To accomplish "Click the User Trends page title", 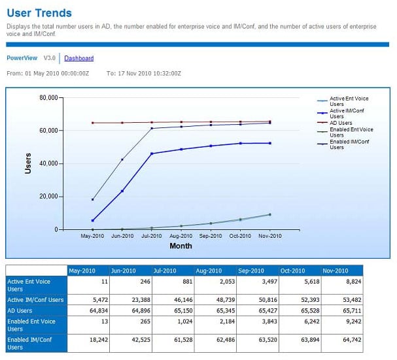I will [39, 12].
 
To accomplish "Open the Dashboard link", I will [78, 58].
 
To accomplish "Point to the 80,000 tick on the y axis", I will [48, 97].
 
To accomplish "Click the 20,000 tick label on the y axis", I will [48, 197].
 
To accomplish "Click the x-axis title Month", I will [181, 246].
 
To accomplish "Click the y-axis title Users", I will [27, 163].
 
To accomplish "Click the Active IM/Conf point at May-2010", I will [92, 220].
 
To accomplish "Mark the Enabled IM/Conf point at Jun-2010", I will [122, 159].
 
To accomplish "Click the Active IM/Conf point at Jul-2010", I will [151, 154].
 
